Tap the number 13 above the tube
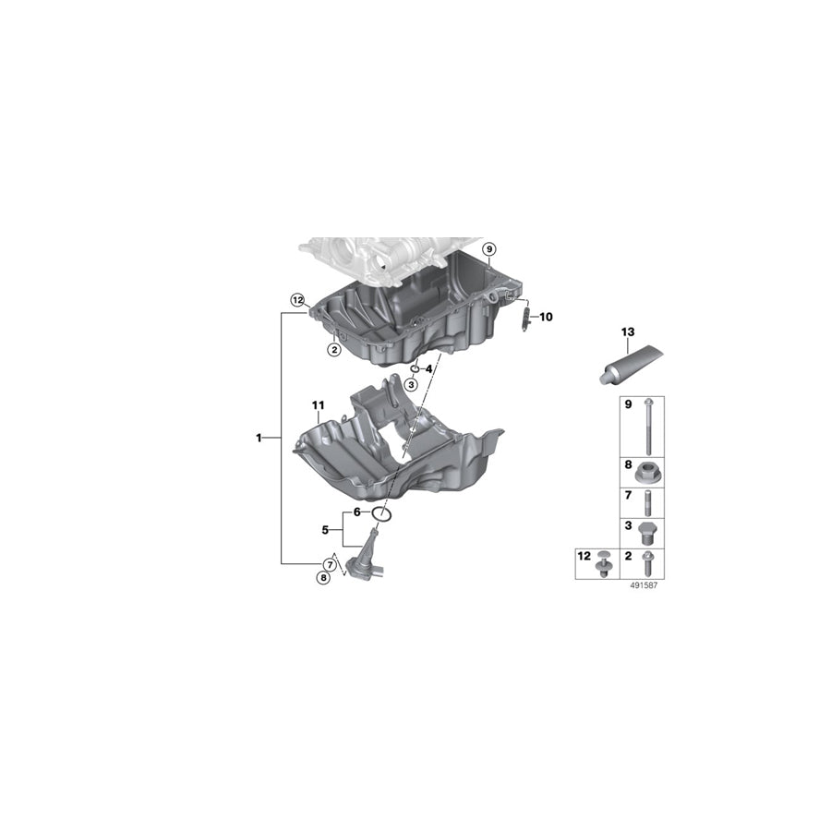point(628,331)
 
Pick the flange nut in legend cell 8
point(646,473)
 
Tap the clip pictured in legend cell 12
point(603,562)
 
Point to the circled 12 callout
point(297,300)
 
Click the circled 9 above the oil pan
point(488,249)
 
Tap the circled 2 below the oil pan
point(333,350)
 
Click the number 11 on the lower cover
point(319,405)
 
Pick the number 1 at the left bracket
point(259,437)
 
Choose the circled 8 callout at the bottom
point(322,578)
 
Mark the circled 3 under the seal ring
point(409,384)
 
